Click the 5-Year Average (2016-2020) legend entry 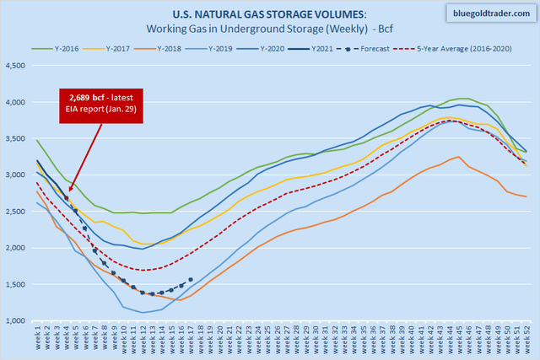[x=476, y=47]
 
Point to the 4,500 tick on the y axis [x=16, y=66]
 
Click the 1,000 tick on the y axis [x=16, y=321]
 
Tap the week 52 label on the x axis [x=526, y=341]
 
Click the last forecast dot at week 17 [x=191, y=280]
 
